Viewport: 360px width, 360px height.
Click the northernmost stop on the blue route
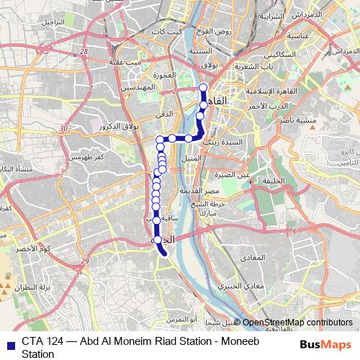202,89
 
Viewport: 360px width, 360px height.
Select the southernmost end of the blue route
165,253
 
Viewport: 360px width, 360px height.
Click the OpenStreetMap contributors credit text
297,323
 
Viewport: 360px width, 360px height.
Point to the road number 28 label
84,52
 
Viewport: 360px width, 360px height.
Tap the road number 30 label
64,128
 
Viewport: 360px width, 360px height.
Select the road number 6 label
294,230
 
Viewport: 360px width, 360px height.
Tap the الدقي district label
165,114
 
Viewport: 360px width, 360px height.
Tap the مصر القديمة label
221,192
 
